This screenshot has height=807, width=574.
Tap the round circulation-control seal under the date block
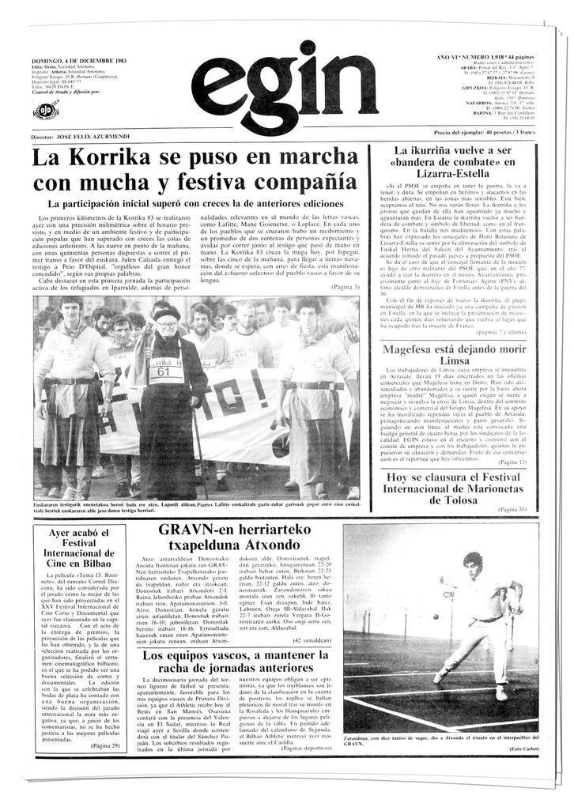(x=47, y=111)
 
